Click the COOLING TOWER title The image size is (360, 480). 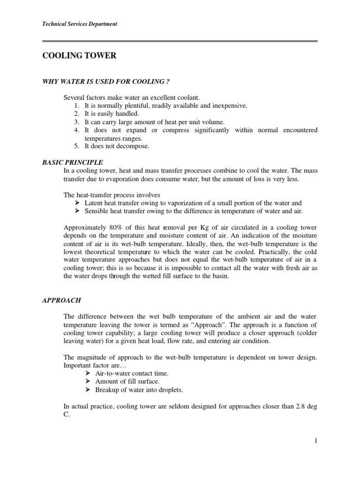(x=79, y=56)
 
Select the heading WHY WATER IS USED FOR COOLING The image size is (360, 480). (x=105, y=82)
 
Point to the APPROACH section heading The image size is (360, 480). (x=62, y=300)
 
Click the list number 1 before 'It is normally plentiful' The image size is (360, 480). (x=76, y=106)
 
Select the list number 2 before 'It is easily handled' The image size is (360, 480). (x=76, y=114)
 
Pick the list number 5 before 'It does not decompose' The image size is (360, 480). (x=76, y=146)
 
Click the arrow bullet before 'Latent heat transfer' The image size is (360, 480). (x=77, y=203)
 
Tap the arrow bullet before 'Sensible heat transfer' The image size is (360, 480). (x=77, y=211)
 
